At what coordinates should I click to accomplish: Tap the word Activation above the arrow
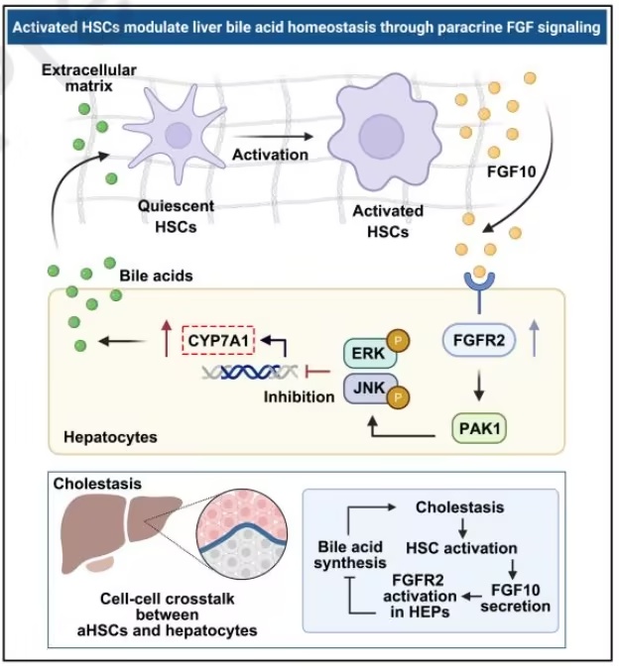(270, 155)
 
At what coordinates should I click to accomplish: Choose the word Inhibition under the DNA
(297, 397)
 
